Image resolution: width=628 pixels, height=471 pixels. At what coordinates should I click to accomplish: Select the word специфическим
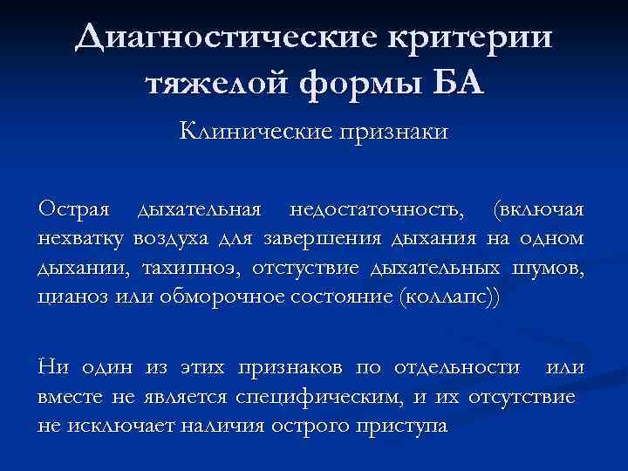coord(320,399)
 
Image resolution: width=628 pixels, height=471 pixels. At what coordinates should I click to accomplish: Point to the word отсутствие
coord(522,399)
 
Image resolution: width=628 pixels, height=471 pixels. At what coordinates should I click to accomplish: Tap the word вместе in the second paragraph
coord(68,399)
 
